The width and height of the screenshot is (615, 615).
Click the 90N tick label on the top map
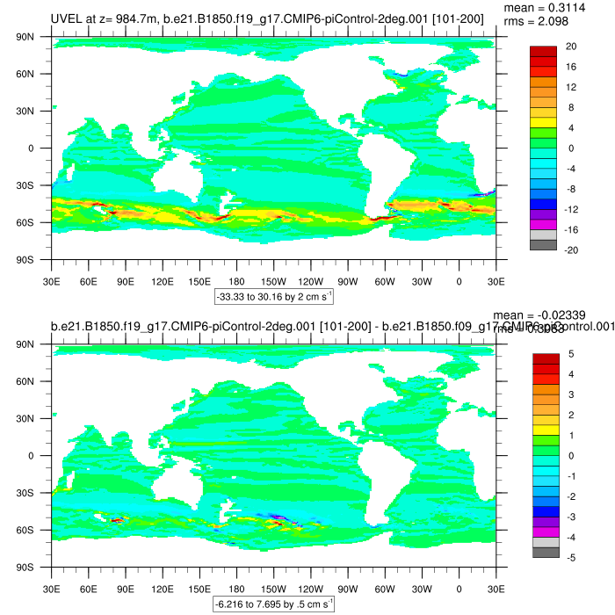tap(25, 37)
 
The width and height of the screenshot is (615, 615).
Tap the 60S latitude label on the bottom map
tap(25, 531)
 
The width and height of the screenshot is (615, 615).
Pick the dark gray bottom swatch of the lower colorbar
tap(543, 552)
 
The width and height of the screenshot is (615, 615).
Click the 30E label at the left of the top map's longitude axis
tap(51, 281)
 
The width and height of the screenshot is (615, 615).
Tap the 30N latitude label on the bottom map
tap(25, 419)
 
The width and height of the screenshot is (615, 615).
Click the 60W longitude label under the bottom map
tap(385, 589)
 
